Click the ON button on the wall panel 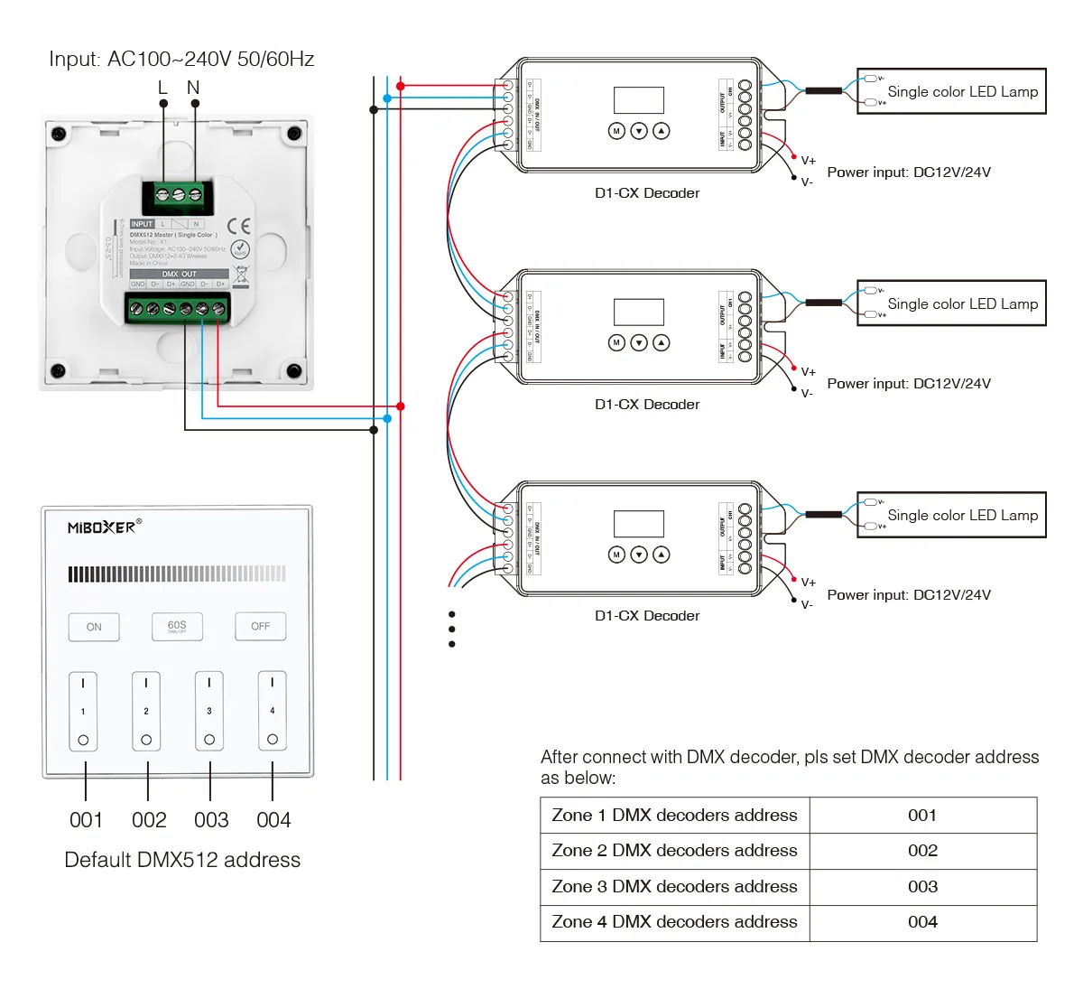click(x=94, y=627)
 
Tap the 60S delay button click(x=177, y=626)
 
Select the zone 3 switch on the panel click(x=209, y=711)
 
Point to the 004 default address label click(x=273, y=820)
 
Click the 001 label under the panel click(x=87, y=820)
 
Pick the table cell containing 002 click(x=922, y=851)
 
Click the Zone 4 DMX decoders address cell click(x=675, y=922)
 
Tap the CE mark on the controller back click(x=239, y=225)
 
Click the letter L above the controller click(x=162, y=88)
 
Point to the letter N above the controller click(x=193, y=88)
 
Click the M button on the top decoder click(x=616, y=131)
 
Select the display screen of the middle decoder click(x=639, y=312)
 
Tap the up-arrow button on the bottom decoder click(x=662, y=554)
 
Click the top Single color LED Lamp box click(x=951, y=91)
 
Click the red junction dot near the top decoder click(x=401, y=87)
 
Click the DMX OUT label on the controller click(x=179, y=274)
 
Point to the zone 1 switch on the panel click(x=83, y=711)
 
